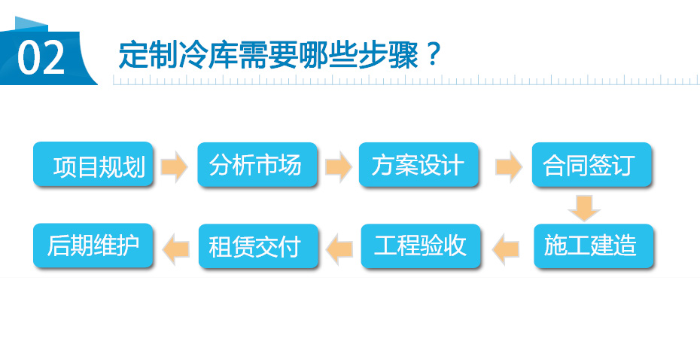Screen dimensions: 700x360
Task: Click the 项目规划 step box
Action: pyautogui.click(x=93, y=164)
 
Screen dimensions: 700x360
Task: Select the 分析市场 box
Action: pyautogui.click(x=257, y=164)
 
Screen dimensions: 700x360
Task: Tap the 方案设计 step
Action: pyautogui.click(x=418, y=164)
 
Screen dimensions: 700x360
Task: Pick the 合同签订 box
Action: pyautogui.click(x=592, y=164)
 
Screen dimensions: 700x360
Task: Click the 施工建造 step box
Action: pyautogui.click(x=594, y=246)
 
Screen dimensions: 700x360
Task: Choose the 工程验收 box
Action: pyautogui.click(x=421, y=246)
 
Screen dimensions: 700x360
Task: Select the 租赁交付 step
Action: pyautogui.click(x=258, y=246)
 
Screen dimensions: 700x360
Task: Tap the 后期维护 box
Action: pyautogui.click(x=93, y=246)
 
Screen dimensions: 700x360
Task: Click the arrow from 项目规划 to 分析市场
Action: pyautogui.click(x=174, y=166)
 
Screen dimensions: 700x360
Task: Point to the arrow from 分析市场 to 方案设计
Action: pyautogui.click(x=339, y=166)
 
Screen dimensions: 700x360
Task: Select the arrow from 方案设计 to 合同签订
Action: pyautogui.click(x=509, y=166)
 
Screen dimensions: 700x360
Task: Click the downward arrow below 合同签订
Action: pyautogui.click(x=584, y=208)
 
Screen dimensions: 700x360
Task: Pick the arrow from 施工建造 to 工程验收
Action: pyautogui.click(x=506, y=249)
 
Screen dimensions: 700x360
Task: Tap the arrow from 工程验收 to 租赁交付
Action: pyautogui.click(x=339, y=249)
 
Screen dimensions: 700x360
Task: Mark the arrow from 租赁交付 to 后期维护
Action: pyautogui.click(x=175, y=249)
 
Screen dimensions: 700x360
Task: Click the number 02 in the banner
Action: pyautogui.click(x=41, y=58)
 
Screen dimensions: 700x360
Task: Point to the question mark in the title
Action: pyautogui.click(x=432, y=54)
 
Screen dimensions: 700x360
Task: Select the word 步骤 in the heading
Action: pyautogui.click(x=389, y=56)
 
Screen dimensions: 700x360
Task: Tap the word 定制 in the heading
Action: pyautogui.click(x=148, y=56)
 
